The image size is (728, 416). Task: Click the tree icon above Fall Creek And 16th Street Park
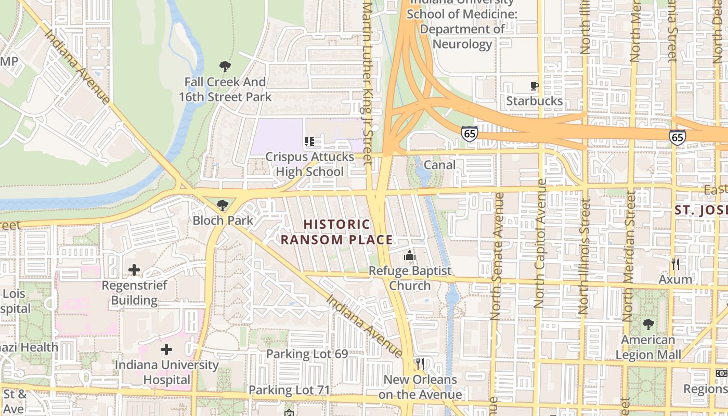pyautogui.click(x=225, y=67)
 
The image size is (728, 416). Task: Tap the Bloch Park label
pyautogui.click(x=223, y=220)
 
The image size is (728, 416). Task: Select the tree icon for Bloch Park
pyautogui.click(x=223, y=205)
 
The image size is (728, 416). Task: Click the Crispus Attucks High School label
pyautogui.click(x=310, y=164)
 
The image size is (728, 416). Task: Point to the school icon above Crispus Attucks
pyautogui.click(x=310, y=141)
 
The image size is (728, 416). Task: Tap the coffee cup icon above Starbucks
pyautogui.click(x=534, y=86)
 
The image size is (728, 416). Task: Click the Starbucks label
pyautogui.click(x=535, y=101)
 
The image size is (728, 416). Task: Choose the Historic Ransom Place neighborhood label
pyautogui.click(x=337, y=232)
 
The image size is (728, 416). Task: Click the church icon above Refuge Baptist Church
pyautogui.click(x=410, y=255)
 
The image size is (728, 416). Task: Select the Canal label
pyautogui.click(x=440, y=165)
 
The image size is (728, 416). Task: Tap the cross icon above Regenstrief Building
pyautogui.click(x=134, y=270)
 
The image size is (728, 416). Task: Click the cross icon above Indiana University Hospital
pyautogui.click(x=166, y=349)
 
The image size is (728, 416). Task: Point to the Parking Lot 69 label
pyautogui.click(x=307, y=354)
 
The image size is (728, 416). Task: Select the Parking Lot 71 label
pyautogui.click(x=289, y=389)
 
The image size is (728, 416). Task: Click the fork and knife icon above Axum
pyautogui.click(x=675, y=264)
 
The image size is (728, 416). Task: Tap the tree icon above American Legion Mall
pyautogui.click(x=648, y=324)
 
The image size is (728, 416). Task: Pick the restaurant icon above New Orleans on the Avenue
pyautogui.click(x=420, y=363)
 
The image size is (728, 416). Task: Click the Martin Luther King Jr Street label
pyautogui.click(x=368, y=83)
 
